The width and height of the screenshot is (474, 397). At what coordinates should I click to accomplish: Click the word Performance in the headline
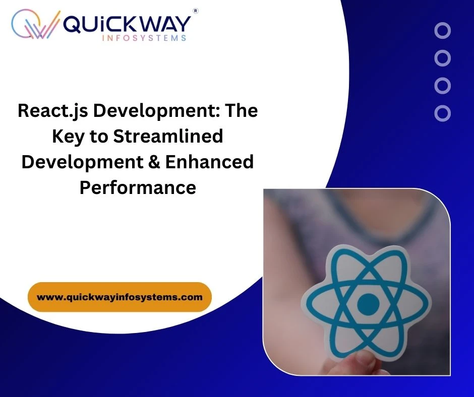click(138, 187)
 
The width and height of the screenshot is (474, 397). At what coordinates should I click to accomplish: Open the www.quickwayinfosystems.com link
click(120, 297)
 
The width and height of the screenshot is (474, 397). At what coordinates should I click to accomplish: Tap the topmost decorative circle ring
click(442, 31)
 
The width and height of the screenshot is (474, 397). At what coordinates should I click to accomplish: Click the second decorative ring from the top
click(442, 58)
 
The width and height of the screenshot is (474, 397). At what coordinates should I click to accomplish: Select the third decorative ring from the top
click(442, 86)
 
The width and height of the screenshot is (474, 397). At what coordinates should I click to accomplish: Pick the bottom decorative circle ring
click(442, 113)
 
